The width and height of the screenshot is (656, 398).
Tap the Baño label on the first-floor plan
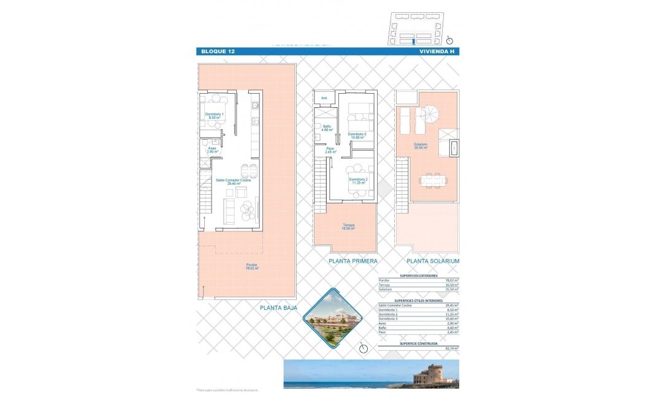(327, 128)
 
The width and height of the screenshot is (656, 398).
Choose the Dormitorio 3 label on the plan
(357, 135)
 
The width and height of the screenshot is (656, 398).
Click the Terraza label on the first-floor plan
(349, 227)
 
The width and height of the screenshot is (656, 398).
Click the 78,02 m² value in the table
(452, 280)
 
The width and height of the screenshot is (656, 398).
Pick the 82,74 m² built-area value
(452, 348)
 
